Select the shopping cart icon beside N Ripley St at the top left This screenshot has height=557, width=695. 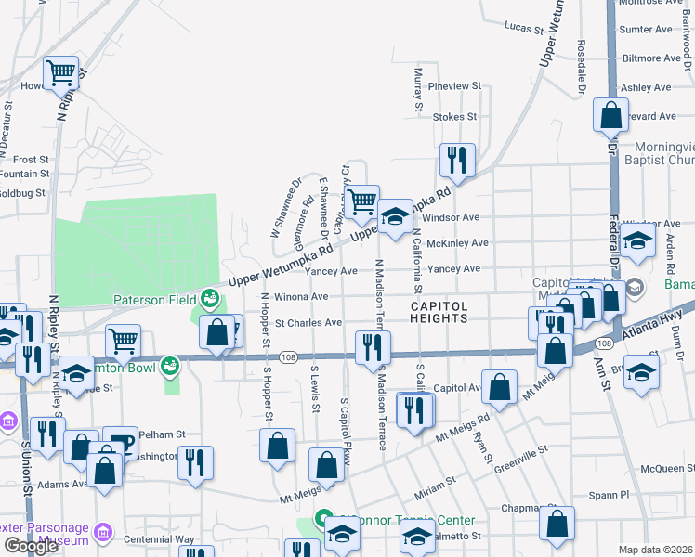click(60, 71)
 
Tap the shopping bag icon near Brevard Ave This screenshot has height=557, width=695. click(610, 115)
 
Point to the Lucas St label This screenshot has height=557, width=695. click(523, 29)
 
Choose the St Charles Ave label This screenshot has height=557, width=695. click(308, 323)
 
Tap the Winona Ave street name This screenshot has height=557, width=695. click(307, 297)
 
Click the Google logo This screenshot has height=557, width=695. click(31, 546)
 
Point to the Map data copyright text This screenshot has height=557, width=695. click(654, 550)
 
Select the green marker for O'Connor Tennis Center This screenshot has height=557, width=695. click(323, 519)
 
